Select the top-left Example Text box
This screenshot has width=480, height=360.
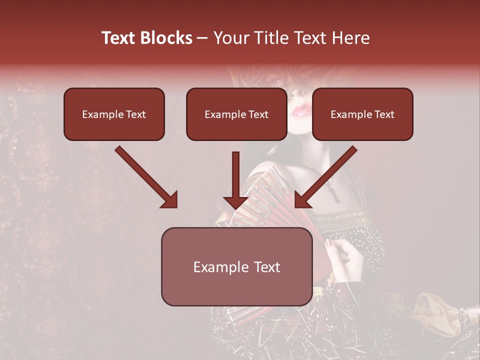[114, 114]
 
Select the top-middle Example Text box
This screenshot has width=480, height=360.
[236, 114]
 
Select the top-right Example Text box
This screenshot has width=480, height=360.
[362, 114]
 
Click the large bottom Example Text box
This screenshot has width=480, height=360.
[236, 266]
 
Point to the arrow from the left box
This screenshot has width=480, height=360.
[146, 177]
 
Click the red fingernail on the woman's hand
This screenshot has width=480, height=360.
[328, 243]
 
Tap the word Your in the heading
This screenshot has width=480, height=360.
[231, 38]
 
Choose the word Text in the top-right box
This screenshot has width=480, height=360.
[384, 114]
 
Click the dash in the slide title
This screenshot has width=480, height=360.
[202, 38]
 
